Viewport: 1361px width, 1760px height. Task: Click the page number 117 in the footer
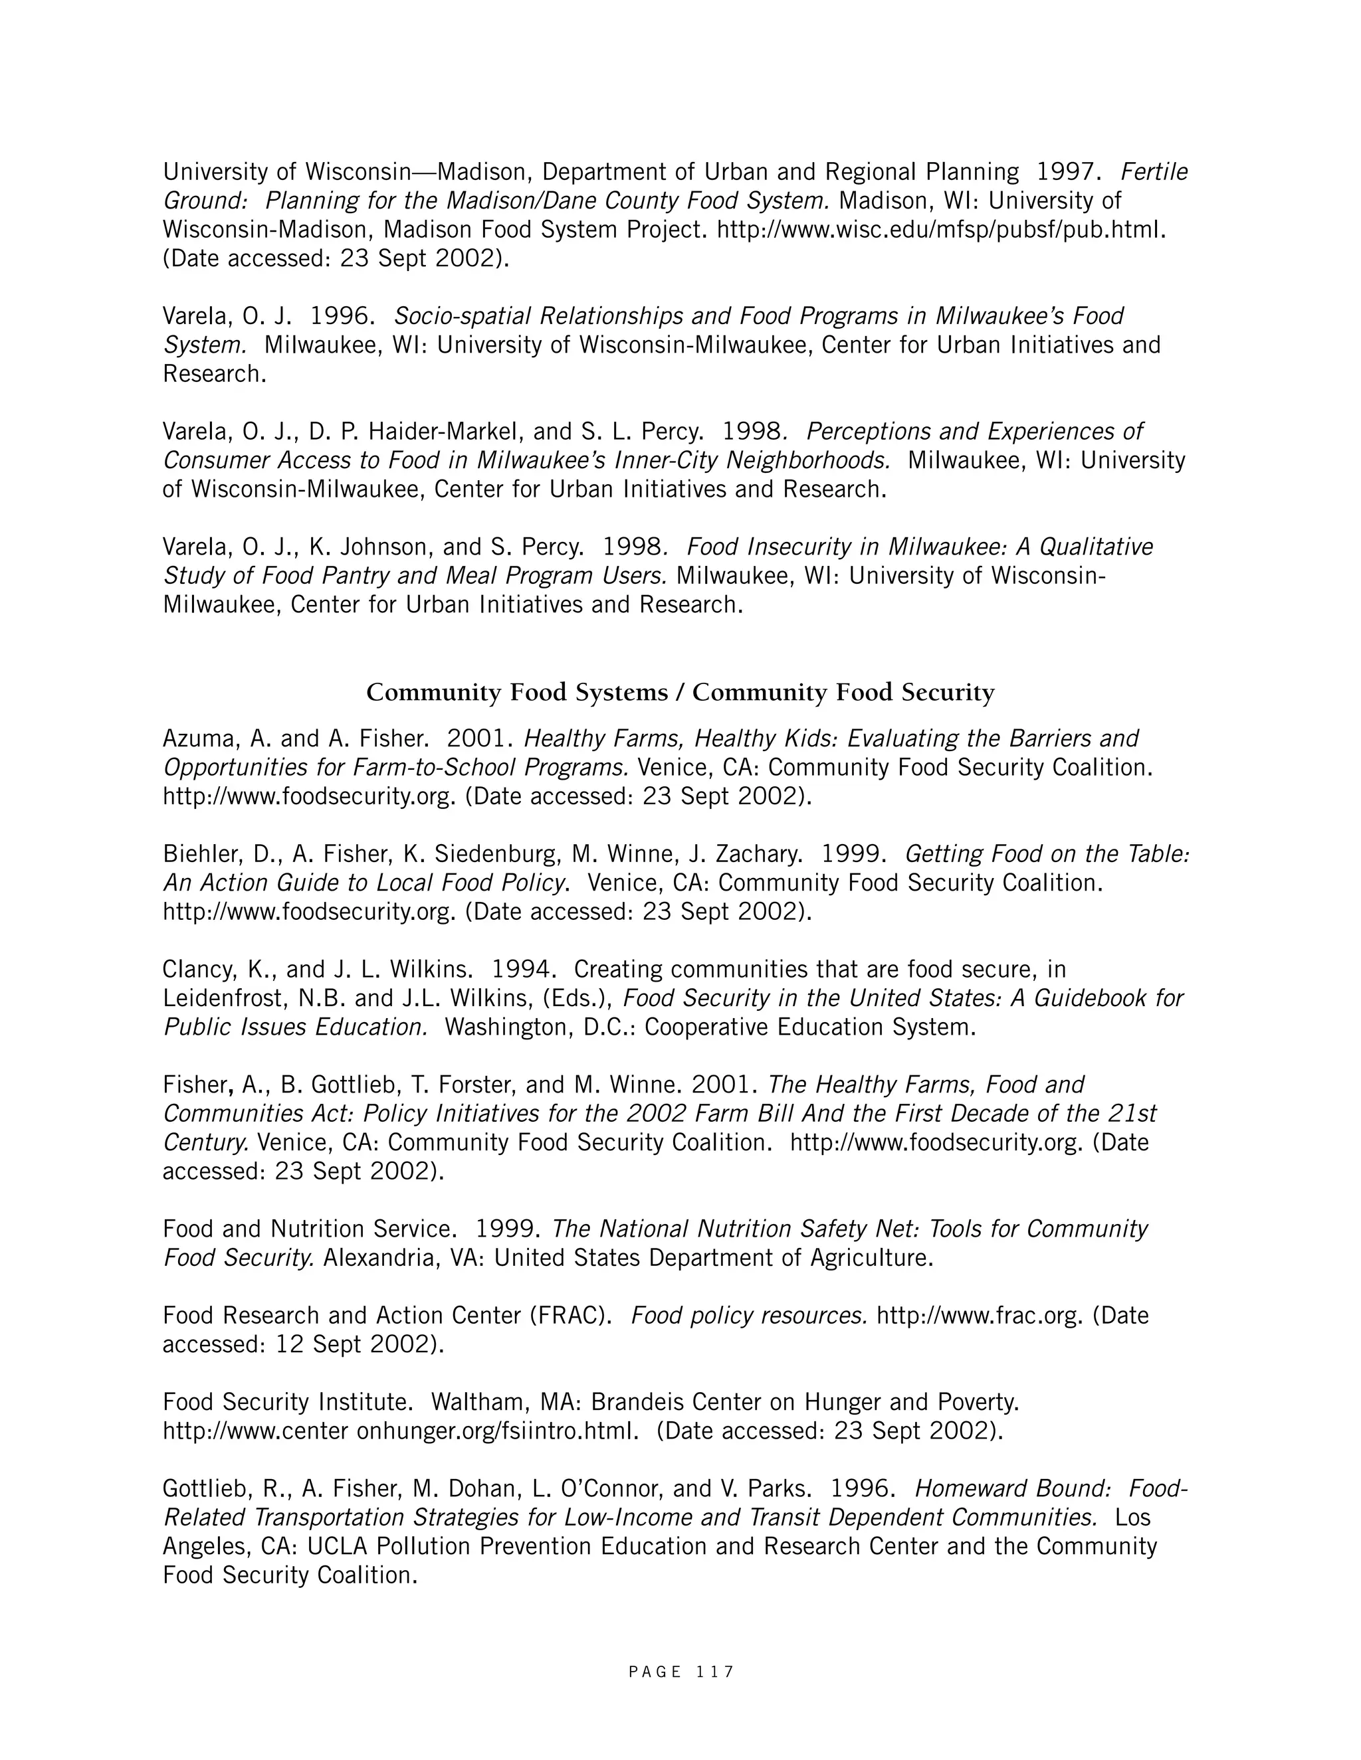tap(714, 1672)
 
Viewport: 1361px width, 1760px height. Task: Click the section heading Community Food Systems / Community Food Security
tap(680, 692)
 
